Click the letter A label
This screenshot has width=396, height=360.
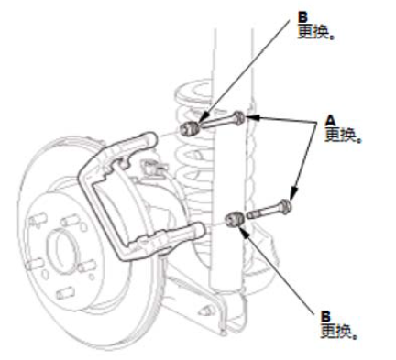click(331, 121)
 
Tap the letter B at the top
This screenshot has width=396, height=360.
click(302, 17)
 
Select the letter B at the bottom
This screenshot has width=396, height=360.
click(325, 317)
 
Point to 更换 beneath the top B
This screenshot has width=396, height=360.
click(315, 32)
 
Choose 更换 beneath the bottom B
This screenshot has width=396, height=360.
click(338, 331)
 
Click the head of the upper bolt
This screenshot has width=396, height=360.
click(239, 118)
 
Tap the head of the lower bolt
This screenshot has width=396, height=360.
click(285, 206)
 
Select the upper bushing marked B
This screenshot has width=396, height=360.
click(189, 129)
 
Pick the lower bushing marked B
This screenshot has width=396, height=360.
click(235, 219)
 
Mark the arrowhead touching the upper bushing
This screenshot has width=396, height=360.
click(203, 118)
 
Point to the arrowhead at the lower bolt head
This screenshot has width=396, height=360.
click(293, 193)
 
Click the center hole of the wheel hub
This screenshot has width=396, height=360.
click(62, 248)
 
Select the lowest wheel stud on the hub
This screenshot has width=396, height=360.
click(65, 293)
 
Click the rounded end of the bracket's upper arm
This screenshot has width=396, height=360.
click(150, 140)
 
